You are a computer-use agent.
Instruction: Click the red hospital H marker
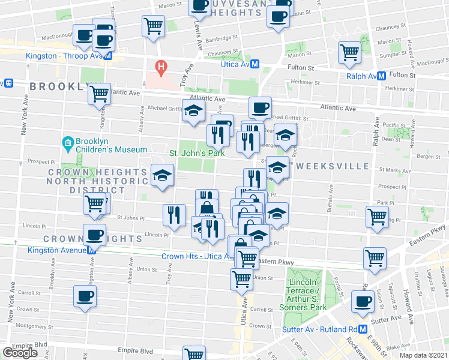coord(160,66)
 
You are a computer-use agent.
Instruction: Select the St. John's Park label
coord(196,153)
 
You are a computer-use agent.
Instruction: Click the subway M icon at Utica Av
coord(255,64)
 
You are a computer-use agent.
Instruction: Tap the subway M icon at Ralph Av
coord(381,76)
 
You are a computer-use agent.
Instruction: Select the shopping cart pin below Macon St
coord(154,26)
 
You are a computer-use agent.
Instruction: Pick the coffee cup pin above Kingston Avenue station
coord(94,235)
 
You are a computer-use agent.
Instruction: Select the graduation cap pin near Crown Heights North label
coord(162,175)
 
